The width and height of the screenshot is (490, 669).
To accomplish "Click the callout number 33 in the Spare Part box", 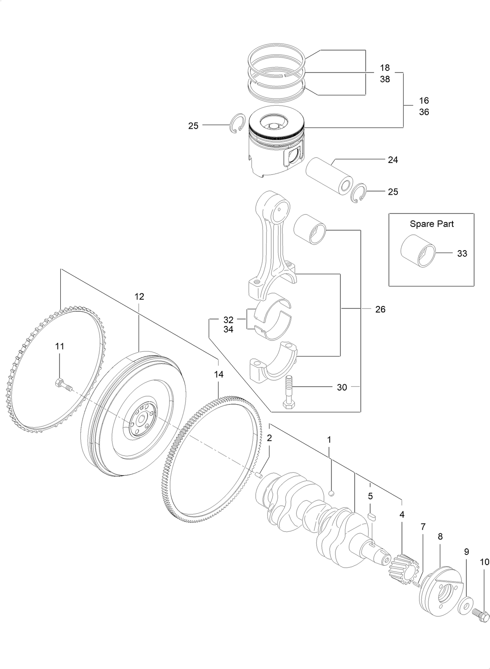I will (461, 253).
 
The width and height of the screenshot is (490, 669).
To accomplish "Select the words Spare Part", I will (431, 224).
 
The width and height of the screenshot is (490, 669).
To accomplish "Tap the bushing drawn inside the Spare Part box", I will (417, 252).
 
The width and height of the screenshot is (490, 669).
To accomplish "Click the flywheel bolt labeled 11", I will (61, 384).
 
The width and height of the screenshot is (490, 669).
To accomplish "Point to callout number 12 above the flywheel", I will (139, 297).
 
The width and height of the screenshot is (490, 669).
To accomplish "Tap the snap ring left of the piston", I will (237, 124).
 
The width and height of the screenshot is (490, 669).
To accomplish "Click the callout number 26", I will (380, 310).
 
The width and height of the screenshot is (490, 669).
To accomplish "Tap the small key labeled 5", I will (371, 516).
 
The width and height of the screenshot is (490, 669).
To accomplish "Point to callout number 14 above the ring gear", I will (219, 374).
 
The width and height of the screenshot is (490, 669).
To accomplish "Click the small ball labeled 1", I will (332, 493).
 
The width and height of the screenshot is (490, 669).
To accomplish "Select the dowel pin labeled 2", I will (258, 474).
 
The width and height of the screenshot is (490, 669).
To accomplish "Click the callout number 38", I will (385, 79).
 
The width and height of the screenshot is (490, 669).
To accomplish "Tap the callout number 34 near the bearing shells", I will (228, 330).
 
